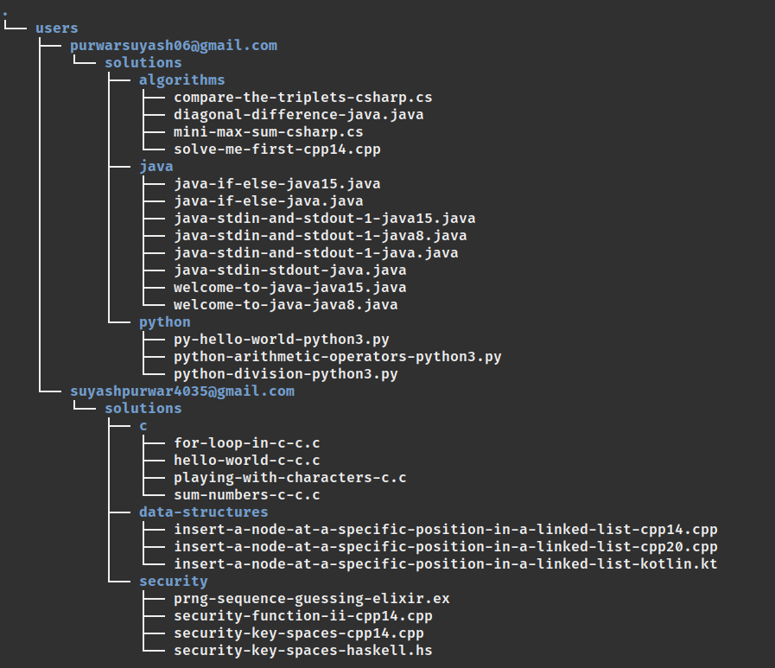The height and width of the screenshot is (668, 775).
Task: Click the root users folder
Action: [56, 29]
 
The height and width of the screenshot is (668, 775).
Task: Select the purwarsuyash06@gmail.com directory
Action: [174, 46]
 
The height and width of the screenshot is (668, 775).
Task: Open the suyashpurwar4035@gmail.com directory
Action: [182, 391]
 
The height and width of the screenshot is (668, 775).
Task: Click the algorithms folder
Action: [181, 80]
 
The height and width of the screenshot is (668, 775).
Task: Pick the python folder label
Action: [164, 322]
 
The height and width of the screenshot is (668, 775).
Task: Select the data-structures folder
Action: [203, 512]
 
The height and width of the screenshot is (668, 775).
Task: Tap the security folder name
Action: [173, 582]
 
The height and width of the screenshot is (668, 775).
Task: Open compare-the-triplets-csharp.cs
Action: [302, 98]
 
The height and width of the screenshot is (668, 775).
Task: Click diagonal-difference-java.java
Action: [298, 115]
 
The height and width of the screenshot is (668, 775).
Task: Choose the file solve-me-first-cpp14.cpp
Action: [276, 150]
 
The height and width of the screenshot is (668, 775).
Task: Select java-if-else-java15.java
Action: [276, 184]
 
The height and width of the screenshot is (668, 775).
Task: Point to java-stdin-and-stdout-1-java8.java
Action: [320, 236]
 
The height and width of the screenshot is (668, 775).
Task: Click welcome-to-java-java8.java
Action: [285, 305]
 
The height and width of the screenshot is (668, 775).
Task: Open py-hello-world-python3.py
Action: [281, 340]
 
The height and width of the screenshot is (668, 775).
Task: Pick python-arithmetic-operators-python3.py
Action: [337, 357]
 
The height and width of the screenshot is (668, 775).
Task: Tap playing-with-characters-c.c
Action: [289, 478]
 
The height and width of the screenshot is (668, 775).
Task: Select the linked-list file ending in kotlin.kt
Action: [445, 564]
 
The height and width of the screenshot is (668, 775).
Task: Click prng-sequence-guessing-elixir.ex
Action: [311, 599]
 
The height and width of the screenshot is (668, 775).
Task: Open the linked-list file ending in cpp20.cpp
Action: [445, 547]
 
